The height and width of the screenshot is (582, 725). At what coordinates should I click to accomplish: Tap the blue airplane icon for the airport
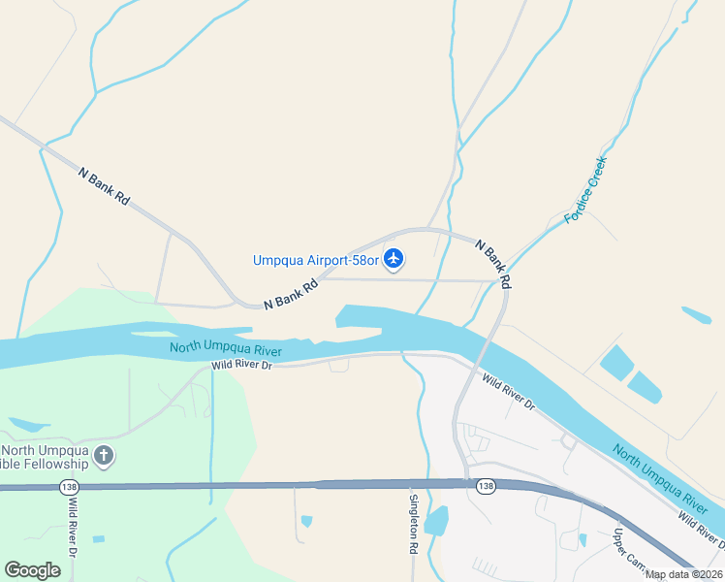[394, 259]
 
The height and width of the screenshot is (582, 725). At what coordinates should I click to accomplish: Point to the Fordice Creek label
[585, 191]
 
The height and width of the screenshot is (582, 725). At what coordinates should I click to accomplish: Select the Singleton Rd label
[414, 524]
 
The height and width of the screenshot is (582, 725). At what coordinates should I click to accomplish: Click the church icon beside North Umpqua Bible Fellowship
[104, 455]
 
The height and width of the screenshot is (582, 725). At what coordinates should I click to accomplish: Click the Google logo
[32, 570]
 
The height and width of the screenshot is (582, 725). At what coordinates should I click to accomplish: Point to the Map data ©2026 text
[684, 574]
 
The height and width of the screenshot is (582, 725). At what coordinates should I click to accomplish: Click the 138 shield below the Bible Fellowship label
[68, 486]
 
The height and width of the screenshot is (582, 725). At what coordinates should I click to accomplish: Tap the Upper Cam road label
[629, 549]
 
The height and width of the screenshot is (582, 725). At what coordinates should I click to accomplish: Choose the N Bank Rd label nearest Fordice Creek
[493, 263]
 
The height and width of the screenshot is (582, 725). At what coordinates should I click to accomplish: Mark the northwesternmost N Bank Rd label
[105, 185]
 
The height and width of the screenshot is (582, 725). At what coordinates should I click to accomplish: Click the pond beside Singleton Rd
[437, 521]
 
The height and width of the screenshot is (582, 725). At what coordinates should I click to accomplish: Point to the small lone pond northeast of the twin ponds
[696, 315]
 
